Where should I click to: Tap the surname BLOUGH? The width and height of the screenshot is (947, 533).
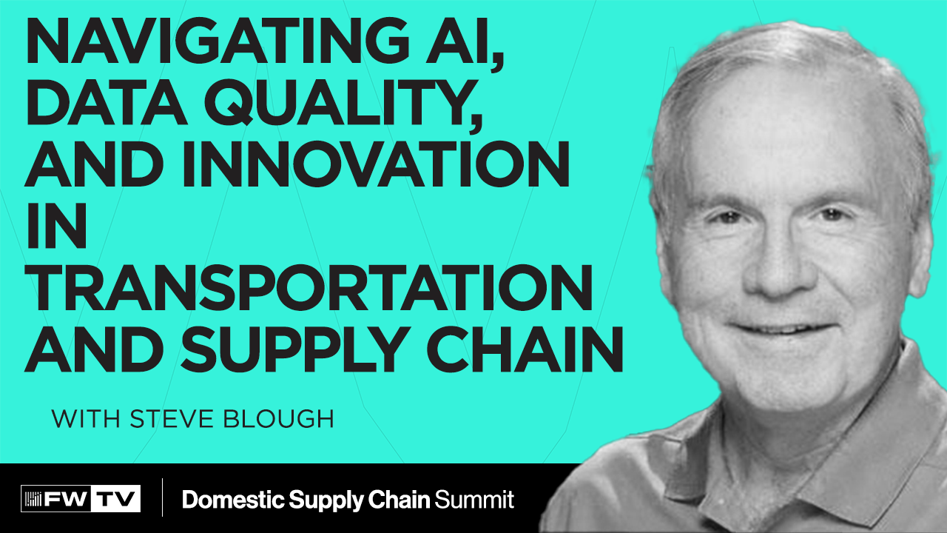286,418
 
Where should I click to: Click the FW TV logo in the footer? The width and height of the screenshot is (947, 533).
81,499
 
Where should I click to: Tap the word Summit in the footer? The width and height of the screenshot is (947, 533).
474,500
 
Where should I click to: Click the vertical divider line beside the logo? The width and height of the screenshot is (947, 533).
162,498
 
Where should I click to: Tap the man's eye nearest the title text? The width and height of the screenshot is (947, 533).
726,219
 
